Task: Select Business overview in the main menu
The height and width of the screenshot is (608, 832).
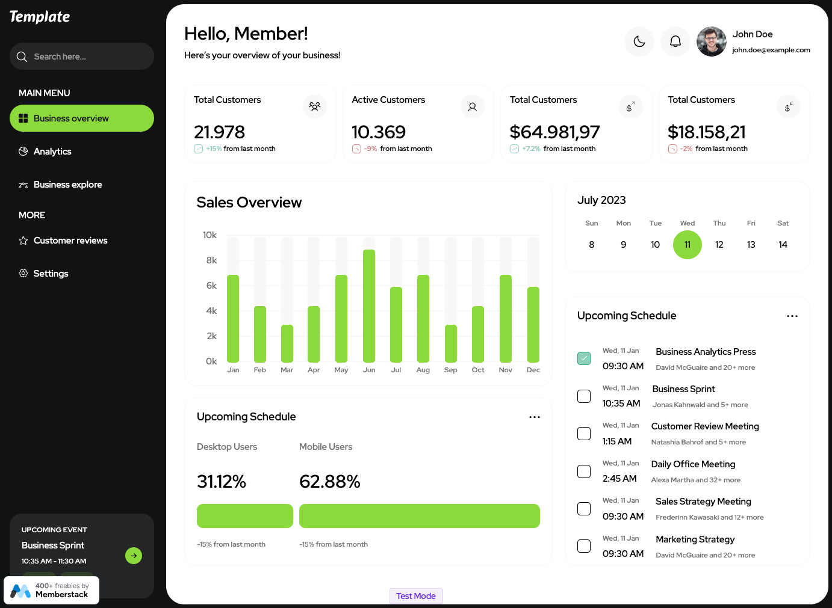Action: [82, 118]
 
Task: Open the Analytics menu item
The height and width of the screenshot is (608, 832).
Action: [52, 152]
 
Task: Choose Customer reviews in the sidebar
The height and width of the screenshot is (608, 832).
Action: [70, 241]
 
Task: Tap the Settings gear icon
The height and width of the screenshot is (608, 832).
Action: [23, 274]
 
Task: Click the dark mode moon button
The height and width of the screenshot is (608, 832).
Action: [639, 41]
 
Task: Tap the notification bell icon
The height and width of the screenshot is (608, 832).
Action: [675, 41]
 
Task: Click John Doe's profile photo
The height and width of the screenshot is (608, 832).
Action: [712, 41]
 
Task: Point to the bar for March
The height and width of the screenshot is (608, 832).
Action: [287, 343]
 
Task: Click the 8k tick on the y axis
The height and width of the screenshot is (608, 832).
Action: [211, 260]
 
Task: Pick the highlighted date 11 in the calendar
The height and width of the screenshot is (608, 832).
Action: [688, 245]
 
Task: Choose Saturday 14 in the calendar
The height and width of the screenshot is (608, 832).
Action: [783, 245]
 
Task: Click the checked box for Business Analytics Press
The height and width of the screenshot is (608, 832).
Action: [584, 358]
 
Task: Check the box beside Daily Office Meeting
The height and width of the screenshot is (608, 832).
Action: [584, 471]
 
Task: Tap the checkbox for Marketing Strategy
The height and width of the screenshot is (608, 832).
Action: [584, 546]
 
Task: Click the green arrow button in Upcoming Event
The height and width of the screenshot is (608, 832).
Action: [134, 556]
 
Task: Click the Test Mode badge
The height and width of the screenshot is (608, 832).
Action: [416, 596]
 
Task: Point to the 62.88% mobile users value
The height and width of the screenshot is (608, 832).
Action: [330, 482]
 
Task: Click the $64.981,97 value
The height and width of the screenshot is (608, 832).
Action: [554, 132]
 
